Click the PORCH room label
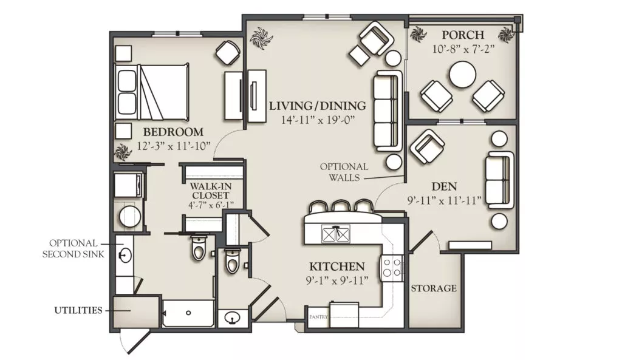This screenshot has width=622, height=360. (x=463, y=35)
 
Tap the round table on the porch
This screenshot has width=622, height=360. (x=462, y=74)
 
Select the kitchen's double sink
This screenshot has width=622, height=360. (x=337, y=234)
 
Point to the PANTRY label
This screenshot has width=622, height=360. (x=318, y=316)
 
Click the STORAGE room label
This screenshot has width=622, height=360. (x=434, y=288)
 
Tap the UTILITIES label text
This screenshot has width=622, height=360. (x=78, y=310)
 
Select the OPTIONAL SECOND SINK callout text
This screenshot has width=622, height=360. (x=73, y=248)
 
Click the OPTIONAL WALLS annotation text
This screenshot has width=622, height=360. (x=344, y=172)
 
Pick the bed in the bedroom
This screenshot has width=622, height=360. (x=151, y=92)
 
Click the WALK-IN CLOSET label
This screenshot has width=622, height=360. (x=211, y=191)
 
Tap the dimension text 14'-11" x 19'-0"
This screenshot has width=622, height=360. (x=318, y=120)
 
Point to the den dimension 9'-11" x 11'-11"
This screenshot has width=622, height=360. (x=444, y=200)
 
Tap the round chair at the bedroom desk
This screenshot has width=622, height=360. (x=228, y=52)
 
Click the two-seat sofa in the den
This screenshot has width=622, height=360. (x=499, y=180)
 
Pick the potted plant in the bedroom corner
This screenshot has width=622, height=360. (x=122, y=152)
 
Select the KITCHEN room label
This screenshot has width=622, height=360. (x=337, y=266)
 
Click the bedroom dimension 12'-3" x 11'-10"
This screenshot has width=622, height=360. (x=173, y=146)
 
